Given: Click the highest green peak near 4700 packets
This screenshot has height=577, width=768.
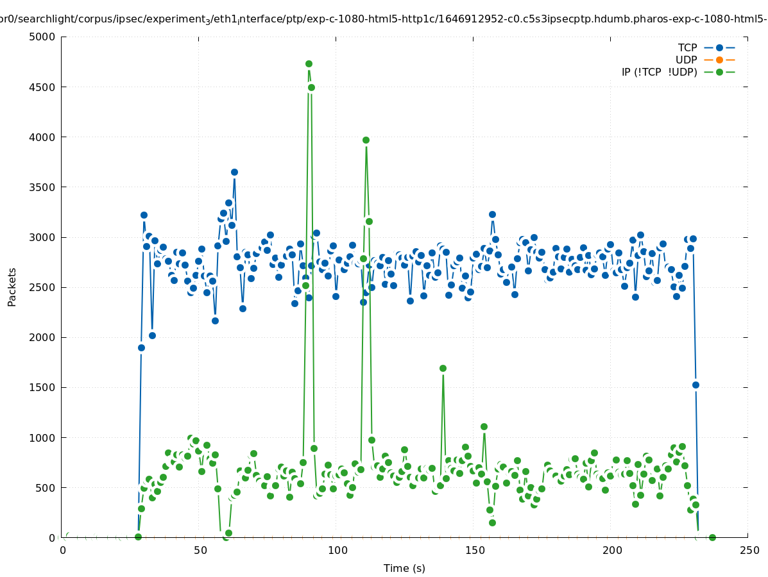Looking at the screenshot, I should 309,63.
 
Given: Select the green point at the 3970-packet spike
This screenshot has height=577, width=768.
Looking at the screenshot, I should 366,140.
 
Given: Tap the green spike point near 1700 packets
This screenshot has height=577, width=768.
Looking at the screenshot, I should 443,368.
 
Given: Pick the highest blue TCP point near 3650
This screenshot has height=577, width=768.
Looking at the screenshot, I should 234,172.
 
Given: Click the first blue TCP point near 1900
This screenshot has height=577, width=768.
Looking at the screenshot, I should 141,347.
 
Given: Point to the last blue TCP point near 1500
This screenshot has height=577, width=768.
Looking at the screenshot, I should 695,385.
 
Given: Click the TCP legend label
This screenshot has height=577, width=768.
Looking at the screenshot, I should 687,47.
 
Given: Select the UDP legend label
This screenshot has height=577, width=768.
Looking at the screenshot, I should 686,60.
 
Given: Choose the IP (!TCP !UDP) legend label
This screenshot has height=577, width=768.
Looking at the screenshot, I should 659,72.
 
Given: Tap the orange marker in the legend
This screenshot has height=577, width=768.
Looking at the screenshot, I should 719,60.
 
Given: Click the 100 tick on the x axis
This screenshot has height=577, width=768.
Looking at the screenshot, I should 337,550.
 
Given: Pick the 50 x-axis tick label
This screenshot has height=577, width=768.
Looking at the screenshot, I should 200,550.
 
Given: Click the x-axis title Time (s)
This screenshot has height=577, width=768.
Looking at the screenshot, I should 404,568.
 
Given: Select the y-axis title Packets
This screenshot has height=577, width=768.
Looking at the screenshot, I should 12,287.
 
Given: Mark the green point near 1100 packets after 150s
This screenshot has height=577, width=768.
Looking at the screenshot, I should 484,426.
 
